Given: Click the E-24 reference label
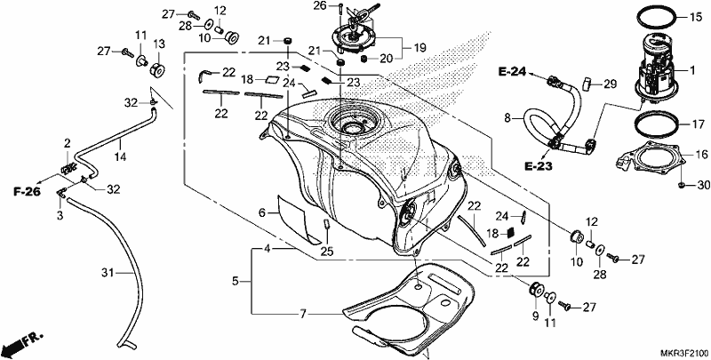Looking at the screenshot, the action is pos(513,72).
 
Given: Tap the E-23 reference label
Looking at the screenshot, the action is pos(539,167).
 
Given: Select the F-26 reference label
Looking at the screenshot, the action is pos(27,192).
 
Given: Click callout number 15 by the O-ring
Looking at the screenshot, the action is pos(696,18).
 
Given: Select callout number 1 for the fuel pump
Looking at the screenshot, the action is pos(692,70).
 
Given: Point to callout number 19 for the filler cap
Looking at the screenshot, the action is pos(420,48).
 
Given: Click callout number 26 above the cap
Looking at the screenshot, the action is pos(320,5).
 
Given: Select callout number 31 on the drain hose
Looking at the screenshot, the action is pos(107,273).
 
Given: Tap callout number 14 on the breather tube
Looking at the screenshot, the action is pos(120,156).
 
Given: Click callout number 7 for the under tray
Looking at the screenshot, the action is pos(303,313).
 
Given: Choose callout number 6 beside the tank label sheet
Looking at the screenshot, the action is pos(262,212).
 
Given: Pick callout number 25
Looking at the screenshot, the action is pos(327,251).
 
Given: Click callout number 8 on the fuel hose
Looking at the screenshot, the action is pos(507,119).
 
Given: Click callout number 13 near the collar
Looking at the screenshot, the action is pos(159,44).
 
